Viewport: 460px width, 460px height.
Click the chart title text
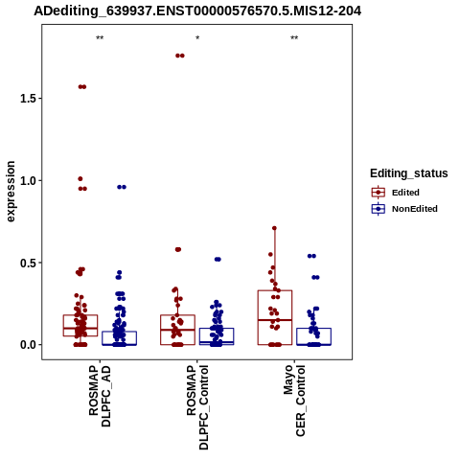point(197,11)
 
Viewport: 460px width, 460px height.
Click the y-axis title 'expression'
point(11,192)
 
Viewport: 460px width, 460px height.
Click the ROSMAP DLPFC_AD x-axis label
point(100,396)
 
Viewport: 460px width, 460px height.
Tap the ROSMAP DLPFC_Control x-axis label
point(197,407)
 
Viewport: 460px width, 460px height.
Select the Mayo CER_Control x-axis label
point(294,401)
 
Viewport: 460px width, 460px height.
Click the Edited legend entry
point(405,193)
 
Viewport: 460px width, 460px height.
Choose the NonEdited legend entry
point(405,209)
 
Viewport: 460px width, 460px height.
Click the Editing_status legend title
point(409,173)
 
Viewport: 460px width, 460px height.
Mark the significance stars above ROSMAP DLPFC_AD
point(100,38)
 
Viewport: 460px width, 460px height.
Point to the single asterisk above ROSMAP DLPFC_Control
point(197,38)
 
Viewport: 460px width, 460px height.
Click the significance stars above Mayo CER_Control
point(294,38)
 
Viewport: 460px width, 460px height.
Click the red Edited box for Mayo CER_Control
point(275,290)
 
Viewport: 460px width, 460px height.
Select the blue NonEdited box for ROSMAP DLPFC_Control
point(217,329)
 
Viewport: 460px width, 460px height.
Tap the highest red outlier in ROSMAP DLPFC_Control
point(180,56)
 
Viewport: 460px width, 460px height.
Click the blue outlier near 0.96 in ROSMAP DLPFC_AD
point(122,187)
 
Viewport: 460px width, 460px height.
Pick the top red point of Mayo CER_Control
point(274,228)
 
